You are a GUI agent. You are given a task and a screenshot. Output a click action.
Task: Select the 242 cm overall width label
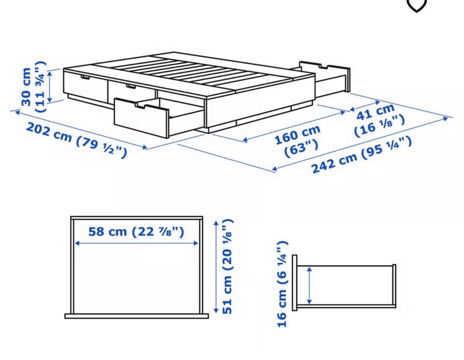coord(362,155)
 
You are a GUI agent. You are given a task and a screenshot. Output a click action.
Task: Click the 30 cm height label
coord(33,86)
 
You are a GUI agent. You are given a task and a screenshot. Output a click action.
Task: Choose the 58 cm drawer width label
coord(136,231)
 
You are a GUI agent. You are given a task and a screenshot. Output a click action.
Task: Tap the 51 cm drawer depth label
coord(228,266)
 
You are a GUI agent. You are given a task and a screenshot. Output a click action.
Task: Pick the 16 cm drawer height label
coord(282,284)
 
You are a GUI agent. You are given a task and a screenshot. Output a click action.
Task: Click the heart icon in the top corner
coord(417,6)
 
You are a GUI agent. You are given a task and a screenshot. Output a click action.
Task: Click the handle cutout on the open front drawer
coord(145,105)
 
